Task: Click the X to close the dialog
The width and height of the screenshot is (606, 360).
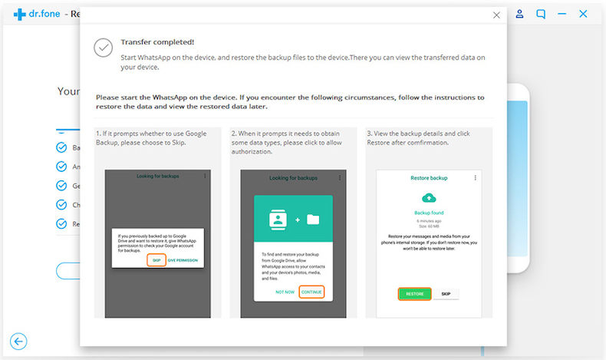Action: (496, 15)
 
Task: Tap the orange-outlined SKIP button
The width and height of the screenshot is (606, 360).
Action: (156, 261)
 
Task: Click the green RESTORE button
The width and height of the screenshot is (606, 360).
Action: (414, 293)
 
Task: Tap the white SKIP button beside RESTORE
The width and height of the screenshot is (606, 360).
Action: (446, 293)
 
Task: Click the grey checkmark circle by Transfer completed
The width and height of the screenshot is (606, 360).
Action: (104, 48)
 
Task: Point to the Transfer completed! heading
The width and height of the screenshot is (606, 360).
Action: (157, 42)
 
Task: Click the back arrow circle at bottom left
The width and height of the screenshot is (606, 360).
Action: (19, 342)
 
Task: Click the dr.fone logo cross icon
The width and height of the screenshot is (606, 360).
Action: (20, 15)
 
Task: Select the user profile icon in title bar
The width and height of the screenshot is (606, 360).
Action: (519, 14)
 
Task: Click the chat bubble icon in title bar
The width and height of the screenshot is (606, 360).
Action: (541, 14)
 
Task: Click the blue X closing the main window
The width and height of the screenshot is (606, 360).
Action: (583, 14)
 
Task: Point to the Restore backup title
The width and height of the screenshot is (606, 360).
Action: (429, 178)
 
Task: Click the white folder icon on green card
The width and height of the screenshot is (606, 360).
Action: (312, 220)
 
